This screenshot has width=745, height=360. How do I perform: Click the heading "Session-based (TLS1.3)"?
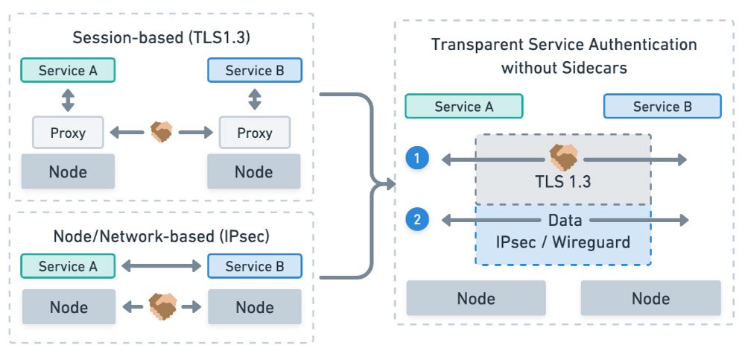(160, 38)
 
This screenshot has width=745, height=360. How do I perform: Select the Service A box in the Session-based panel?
(68, 71)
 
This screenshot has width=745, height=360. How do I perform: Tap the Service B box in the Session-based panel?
(254, 71)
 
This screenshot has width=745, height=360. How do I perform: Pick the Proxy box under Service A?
(68, 133)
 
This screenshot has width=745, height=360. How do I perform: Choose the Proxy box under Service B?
(254, 133)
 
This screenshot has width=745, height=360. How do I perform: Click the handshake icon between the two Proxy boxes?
(161, 133)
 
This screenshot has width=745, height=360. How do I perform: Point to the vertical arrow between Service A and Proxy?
(68, 101)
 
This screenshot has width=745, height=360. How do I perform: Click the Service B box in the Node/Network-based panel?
(254, 266)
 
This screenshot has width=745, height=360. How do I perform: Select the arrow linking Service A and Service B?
(161, 266)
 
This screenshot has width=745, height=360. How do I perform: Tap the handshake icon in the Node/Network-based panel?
(161, 306)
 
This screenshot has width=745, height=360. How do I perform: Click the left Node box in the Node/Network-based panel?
(68, 306)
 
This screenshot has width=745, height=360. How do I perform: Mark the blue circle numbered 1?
(416, 158)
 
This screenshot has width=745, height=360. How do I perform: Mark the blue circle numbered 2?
(416, 220)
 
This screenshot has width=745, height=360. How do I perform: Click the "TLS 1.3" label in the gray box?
(563, 181)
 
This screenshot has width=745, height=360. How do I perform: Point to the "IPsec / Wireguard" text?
(563, 241)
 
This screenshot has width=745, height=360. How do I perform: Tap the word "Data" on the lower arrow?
(563, 220)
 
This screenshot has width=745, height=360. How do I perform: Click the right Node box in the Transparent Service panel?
(650, 298)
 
